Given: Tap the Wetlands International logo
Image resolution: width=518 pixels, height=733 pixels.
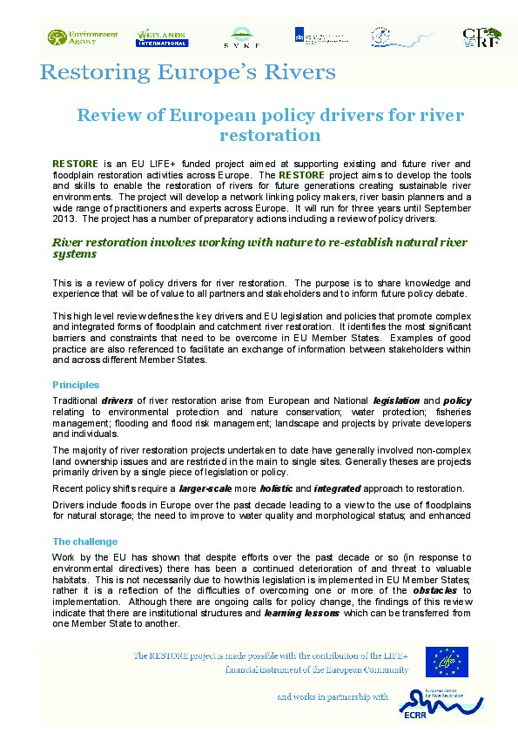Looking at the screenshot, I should [x=163, y=37].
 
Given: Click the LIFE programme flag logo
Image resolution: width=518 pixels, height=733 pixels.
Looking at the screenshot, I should [x=446, y=662].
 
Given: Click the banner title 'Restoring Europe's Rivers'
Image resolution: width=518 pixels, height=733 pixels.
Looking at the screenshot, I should [x=186, y=71].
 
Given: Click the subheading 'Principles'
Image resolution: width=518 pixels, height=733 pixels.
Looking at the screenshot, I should [x=76, y=384].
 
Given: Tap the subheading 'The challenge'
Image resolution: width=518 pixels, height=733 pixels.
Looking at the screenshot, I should [x=84, y=541].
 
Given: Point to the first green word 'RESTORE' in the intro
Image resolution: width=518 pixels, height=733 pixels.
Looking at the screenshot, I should [x=70, y=164].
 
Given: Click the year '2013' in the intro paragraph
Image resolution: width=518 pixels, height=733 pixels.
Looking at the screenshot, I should [x=65, y=219].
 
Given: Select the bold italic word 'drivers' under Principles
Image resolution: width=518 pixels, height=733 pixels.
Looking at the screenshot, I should [x=118, y=400].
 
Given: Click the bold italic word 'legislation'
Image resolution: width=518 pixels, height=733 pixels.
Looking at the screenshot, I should [x=397, y=400].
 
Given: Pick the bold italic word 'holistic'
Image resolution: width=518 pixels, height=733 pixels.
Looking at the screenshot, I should [x=276, y=488].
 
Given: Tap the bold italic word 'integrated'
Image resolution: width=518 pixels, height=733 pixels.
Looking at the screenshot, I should [x=338, y=488].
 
